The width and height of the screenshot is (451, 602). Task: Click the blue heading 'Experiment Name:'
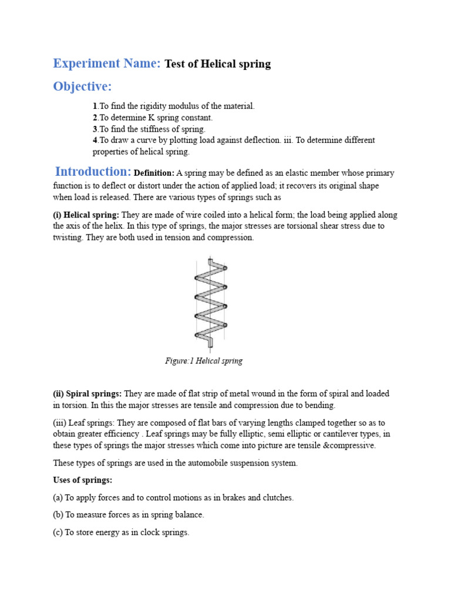(x=106, y=63)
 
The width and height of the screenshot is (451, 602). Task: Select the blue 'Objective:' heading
(x=82, y=86)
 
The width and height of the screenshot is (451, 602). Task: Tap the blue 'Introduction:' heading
(x=93, y=172)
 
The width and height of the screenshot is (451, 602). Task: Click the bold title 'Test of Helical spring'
(x=217, y=64)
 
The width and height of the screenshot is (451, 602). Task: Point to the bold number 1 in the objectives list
(x=95, y=106)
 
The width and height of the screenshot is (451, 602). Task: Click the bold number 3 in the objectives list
(x=95, y=129)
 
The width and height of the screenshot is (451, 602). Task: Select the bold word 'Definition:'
(x=154, y=173)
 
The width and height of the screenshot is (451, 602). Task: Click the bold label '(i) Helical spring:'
(x=86, y=215)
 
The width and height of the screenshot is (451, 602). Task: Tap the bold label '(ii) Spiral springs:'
(x=87, y=393)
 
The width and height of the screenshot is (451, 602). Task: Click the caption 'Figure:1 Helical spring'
(x=203, y=361)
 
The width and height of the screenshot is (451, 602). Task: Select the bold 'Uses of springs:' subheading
(x=82, y=480)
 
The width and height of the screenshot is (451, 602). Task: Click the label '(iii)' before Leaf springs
(x=60, y=423)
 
